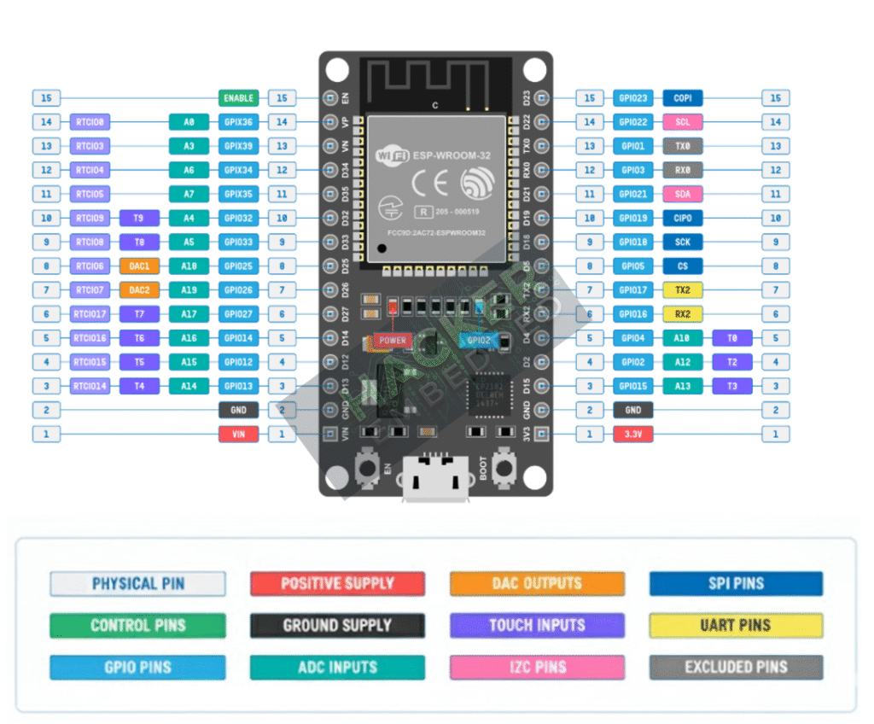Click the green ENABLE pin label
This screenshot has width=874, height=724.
coord(238,98)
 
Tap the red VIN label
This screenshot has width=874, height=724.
coord(238,434)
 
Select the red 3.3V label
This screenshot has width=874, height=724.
coord(633,434)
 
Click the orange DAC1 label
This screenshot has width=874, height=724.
coord(139,266)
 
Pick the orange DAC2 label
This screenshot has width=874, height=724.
coord(139,290)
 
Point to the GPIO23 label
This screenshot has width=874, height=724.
coord(633,98)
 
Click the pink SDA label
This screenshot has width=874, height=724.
coord(683,194)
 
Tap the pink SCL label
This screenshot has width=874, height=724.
coord(683,122)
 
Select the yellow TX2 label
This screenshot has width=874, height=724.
coord(683,290)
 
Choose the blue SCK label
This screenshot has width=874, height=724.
coord(683,242)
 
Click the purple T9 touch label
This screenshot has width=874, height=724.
coord(139,218)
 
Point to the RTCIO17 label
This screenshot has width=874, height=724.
coord(90,314)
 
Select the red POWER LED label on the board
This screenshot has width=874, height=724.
coord(393,340)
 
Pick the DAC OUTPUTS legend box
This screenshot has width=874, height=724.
coord(537,584)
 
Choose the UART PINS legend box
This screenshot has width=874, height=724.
coord(736,625)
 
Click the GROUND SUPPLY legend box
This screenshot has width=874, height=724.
coord(337,625)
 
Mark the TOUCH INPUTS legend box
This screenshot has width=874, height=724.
coord(537,625)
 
